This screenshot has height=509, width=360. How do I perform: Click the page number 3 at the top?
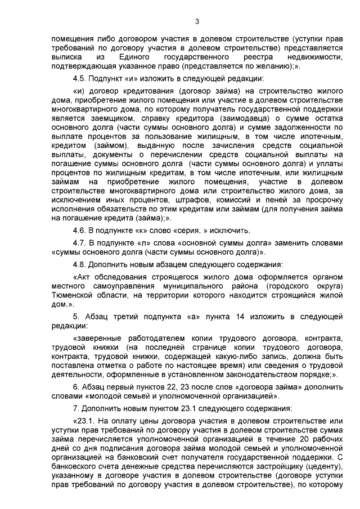click(x=196, y=21)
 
